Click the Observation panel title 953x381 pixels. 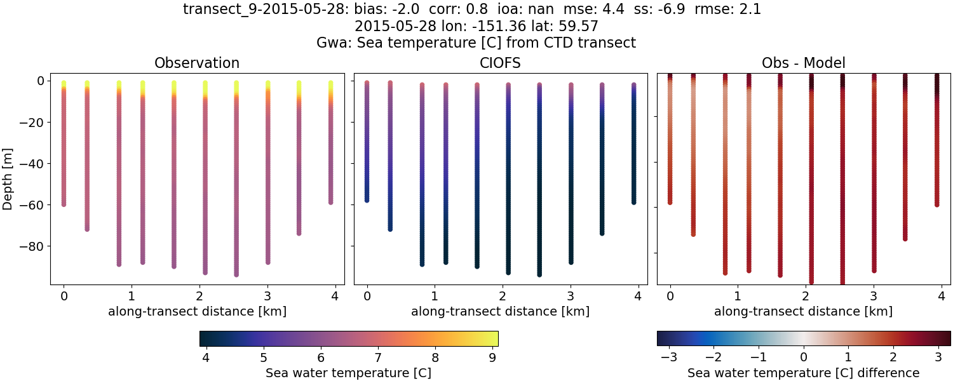[x=197, y=63]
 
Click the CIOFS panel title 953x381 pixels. [x=500, y=63]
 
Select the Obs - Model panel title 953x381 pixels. [x=803, y=63]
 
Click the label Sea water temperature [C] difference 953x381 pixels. [x=803, y=373]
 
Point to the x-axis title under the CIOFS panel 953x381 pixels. [x=500, y=312]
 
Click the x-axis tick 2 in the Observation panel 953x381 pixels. [x=199, y=295]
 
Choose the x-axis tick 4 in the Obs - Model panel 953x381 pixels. [x=941, y=295]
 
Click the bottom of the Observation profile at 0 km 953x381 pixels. [x=64, y=204]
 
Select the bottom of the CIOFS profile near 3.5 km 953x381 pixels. [x=602, y=233]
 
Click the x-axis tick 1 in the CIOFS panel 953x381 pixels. [x=435, y=295]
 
